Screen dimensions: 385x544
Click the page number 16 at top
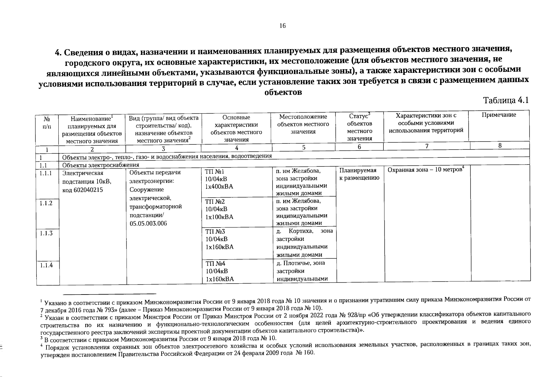coord(282,26)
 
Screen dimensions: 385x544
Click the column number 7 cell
coord(427,146)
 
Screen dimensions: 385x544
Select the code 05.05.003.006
coord(148,224)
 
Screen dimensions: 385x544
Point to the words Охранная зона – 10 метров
coord(424,169)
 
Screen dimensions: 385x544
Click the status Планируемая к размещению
coord(359,174)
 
